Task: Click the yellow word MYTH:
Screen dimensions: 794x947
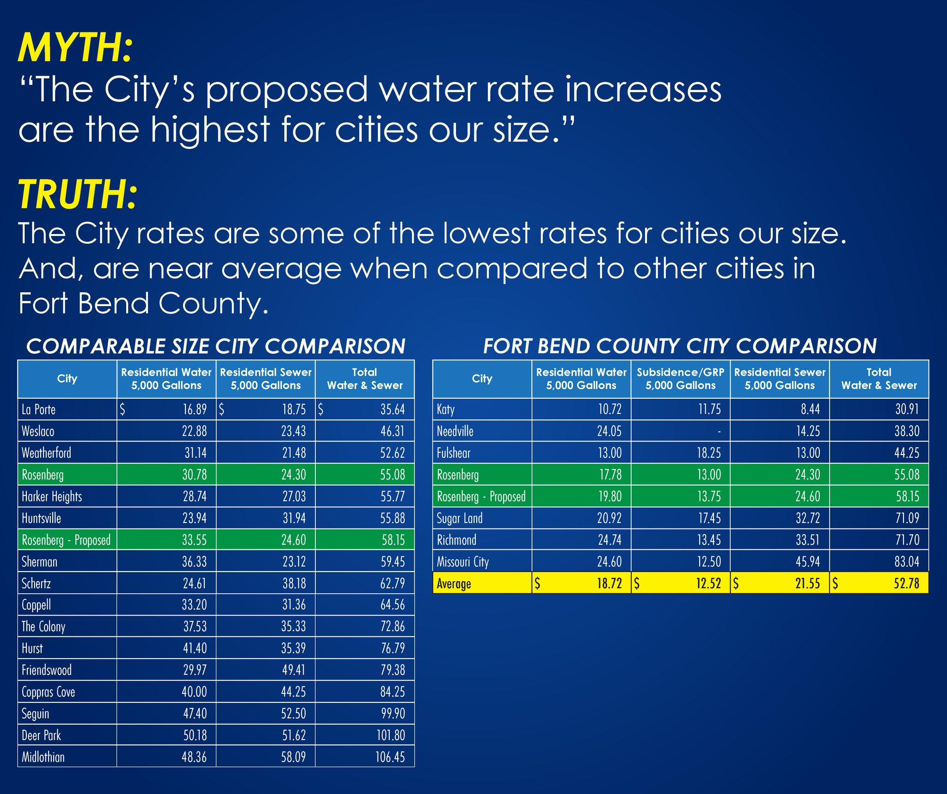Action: pos(75,48)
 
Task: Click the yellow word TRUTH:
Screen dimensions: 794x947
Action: pos(78,194)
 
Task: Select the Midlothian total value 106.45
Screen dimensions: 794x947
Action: pos(390,757)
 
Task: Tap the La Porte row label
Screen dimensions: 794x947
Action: pos(39,409)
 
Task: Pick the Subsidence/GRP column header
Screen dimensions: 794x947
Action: pos(680,379)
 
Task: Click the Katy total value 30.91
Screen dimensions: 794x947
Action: pos(907,409)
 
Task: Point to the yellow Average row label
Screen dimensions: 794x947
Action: pos(454,584)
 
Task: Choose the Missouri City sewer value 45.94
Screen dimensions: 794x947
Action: pos(807,562)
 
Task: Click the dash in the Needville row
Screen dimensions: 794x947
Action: pos(719,431)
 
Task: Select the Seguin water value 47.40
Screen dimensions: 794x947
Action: pos(195,714)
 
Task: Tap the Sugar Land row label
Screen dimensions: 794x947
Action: pos(460,518)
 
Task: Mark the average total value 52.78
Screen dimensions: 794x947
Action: pos(906,584)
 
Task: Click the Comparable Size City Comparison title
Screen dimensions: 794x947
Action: pos(215,346)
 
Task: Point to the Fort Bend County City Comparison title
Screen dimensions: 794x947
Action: pos(680,346)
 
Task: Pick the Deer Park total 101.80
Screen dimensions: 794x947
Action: pos(391,735)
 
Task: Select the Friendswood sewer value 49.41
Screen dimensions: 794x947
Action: pos(294,670)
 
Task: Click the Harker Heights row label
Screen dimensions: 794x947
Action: pos(52,497)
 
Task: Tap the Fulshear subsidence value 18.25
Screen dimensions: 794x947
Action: pos(708,453)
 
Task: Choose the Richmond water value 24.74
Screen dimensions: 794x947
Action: pos(609,540)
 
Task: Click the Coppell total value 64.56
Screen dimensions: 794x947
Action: pos(393,605)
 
